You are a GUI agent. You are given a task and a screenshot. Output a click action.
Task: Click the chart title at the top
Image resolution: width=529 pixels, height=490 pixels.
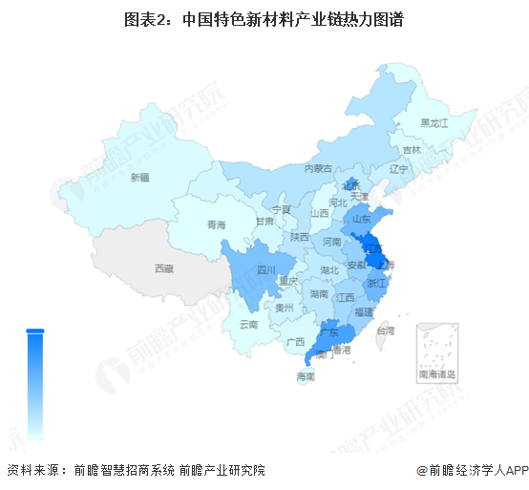(x=264, y=18)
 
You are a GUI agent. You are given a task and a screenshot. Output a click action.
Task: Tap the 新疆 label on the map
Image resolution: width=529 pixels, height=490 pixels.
(x=140, y=177)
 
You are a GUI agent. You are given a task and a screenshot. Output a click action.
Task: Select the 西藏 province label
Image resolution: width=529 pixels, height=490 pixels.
(x=163, y=269)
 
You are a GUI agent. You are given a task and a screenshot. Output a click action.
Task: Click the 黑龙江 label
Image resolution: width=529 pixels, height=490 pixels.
(x=434, y=123)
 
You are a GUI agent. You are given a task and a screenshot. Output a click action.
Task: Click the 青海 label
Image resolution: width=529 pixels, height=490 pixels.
(x=217, y=225)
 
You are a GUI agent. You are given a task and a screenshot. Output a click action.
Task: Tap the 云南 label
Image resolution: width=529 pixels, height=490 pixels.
(x=248, y=325)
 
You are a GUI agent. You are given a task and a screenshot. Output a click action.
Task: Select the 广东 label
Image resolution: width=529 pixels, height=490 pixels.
(x=331, y=332)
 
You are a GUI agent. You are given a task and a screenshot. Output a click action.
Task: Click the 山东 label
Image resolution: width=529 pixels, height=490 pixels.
(x=362, y=218)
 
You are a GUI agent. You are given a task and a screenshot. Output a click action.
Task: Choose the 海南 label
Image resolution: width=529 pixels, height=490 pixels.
(x=306, y=377)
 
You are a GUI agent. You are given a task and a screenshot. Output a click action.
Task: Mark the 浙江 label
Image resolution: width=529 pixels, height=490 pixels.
(x=377, y=284)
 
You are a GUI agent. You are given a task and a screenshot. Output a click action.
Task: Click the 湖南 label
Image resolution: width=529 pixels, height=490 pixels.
(x=320, y=295)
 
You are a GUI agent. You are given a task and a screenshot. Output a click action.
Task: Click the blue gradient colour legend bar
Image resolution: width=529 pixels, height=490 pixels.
(x=35, y=382)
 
